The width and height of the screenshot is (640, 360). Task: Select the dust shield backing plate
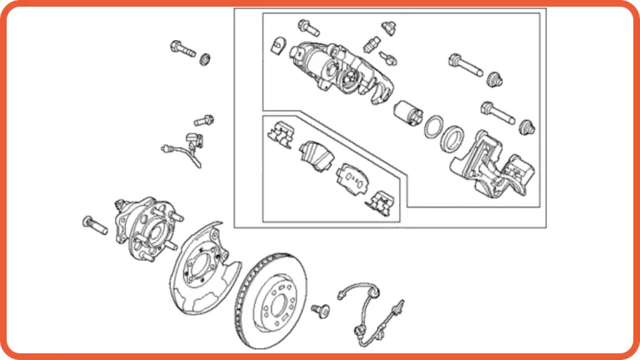pos(204,265)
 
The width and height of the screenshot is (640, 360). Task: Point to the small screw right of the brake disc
pos(319,310)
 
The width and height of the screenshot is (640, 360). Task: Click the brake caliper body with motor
pos(333,71)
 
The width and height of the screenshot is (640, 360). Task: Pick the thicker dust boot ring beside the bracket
pos(453,137)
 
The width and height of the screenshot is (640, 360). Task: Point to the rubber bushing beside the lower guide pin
pos(526,126)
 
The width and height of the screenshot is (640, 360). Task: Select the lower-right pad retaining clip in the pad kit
pos(384,201)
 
